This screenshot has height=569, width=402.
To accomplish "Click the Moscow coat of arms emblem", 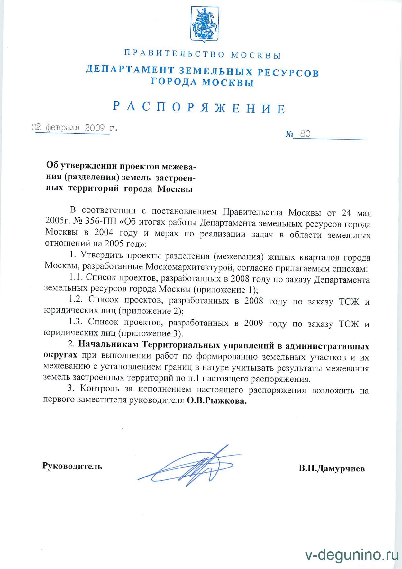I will click(x=205, y=24).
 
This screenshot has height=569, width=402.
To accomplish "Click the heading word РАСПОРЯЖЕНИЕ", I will click(x=199, y=107).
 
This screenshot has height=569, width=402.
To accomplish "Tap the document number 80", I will click(x=305, y=134).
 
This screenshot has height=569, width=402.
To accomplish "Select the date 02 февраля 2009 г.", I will click(x=75, y=128).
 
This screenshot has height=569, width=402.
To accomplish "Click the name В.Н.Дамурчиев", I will click(x=332, y=468).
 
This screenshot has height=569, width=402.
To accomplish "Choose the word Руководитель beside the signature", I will click(x=72, y=466).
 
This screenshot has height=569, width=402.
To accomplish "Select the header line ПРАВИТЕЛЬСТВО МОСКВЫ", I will click(x=203, y=54).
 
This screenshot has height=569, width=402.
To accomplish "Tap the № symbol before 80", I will click(x=289, y=134).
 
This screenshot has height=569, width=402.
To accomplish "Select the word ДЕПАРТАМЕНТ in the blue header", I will click(x=130, y=70).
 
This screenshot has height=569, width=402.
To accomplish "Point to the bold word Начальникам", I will click(x=108, y=344).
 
